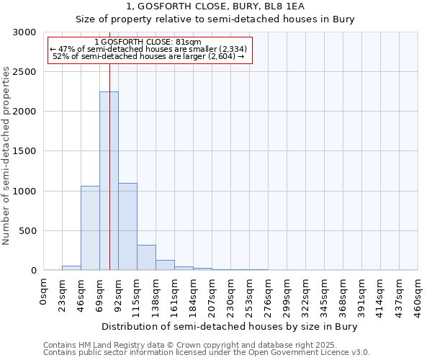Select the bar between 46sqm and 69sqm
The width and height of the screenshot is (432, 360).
(90, 228)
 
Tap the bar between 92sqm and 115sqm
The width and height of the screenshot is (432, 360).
(127, 226)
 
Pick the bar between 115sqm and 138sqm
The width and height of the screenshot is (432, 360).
(146, 257)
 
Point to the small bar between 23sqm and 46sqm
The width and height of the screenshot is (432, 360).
(71, 268)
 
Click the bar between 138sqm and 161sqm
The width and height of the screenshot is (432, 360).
(165, 265)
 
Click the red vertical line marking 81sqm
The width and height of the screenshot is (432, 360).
(109, 144)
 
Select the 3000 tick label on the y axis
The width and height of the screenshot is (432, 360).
(24, 32)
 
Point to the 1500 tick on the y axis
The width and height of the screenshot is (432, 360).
(24, 151)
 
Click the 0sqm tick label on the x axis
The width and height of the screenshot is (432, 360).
(44, 291)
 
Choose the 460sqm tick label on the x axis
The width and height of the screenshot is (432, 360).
(418, 295)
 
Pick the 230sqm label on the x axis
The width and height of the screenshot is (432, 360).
(231, 295)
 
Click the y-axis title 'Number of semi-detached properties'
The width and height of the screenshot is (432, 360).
(6, 156)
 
